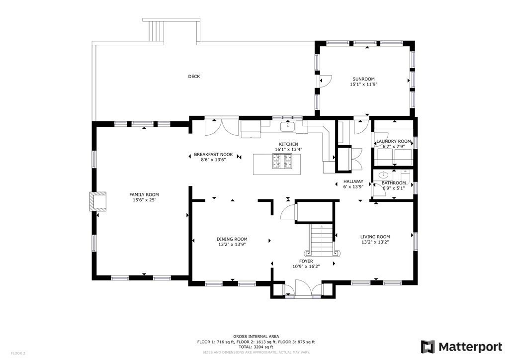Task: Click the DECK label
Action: point(194,77)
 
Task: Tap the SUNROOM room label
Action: point(363,79)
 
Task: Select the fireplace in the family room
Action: point(98,201)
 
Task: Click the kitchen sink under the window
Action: point(288,127)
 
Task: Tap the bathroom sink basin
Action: point(383,175)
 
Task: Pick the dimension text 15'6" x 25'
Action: point(144,200)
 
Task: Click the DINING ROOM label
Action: point(232,239)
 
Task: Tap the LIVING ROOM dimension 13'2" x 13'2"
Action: point(375,243)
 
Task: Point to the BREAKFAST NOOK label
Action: point(213,155)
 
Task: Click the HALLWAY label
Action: point(353,181)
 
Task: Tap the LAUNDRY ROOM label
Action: point(393,141)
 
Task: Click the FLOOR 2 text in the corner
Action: point(18,353)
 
